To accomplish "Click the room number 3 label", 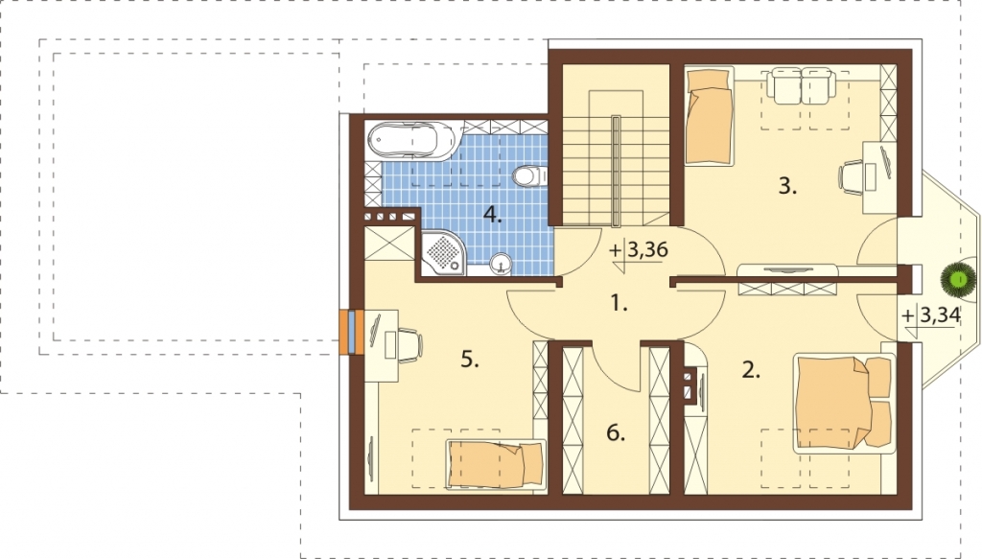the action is click(787, 186).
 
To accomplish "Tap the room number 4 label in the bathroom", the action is click(492, 216).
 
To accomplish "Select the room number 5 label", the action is click(470, 360).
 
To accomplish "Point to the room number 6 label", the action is click(616, 432).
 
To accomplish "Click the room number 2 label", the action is click(751, 370).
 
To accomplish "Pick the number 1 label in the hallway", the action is click(619, 304).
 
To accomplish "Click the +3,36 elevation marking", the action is click(639, 250).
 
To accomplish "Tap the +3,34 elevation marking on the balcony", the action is click(931, 315).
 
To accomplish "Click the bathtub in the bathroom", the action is click(410, 139).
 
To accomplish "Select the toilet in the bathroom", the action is click(529, 175).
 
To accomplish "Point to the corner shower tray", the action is click(443, 253).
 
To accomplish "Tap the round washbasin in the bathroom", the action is click(501, 264).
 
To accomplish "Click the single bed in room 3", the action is click(709, 116).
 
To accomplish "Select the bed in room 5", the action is click(496, 464).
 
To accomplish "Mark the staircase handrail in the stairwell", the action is click(617, 171).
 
